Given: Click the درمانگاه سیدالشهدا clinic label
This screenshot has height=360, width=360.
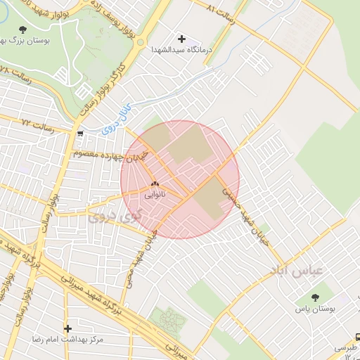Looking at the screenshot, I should (x=181, y=51).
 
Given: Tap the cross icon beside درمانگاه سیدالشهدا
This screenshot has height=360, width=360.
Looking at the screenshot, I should (x=182, y=39).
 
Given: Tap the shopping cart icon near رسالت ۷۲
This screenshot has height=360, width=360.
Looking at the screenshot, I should (x=81, y=133).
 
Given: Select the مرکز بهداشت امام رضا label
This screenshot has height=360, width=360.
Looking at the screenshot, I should (x=67, y=340).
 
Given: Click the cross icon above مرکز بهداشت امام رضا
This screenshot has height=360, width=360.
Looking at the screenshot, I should (x=67, y=328).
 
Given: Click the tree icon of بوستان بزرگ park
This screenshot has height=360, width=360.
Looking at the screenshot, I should (x=24, y=30).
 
